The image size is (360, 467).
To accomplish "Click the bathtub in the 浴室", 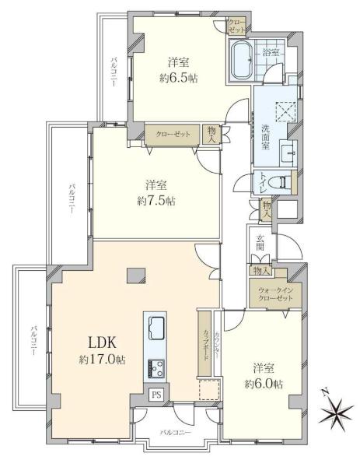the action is point(242,61).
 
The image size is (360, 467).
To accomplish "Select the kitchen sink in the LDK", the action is point(156,328).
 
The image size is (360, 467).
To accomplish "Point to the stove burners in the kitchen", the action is point(156,368).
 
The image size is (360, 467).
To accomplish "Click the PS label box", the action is point(156,395).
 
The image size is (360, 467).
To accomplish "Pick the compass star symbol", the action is point(335,412).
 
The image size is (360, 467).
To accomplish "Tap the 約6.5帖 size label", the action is point(179,79).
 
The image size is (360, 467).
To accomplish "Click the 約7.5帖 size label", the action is point(156,201).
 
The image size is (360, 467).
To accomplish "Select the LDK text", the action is point(102,343).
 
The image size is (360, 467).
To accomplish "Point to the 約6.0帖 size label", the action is point(264,384).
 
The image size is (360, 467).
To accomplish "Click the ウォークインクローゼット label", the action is point(275,294).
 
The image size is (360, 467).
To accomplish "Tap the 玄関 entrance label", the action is point(260,243).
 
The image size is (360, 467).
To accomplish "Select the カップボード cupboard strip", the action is point(204,343).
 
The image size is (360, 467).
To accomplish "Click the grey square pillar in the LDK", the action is point(135,276).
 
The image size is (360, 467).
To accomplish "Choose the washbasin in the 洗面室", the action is point(288,153).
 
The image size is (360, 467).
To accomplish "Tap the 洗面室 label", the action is point(265,137).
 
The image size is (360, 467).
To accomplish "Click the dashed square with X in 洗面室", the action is point(285,111).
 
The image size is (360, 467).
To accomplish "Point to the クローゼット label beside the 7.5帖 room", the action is point(173,135).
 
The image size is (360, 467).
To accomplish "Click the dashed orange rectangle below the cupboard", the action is point(209,390).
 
